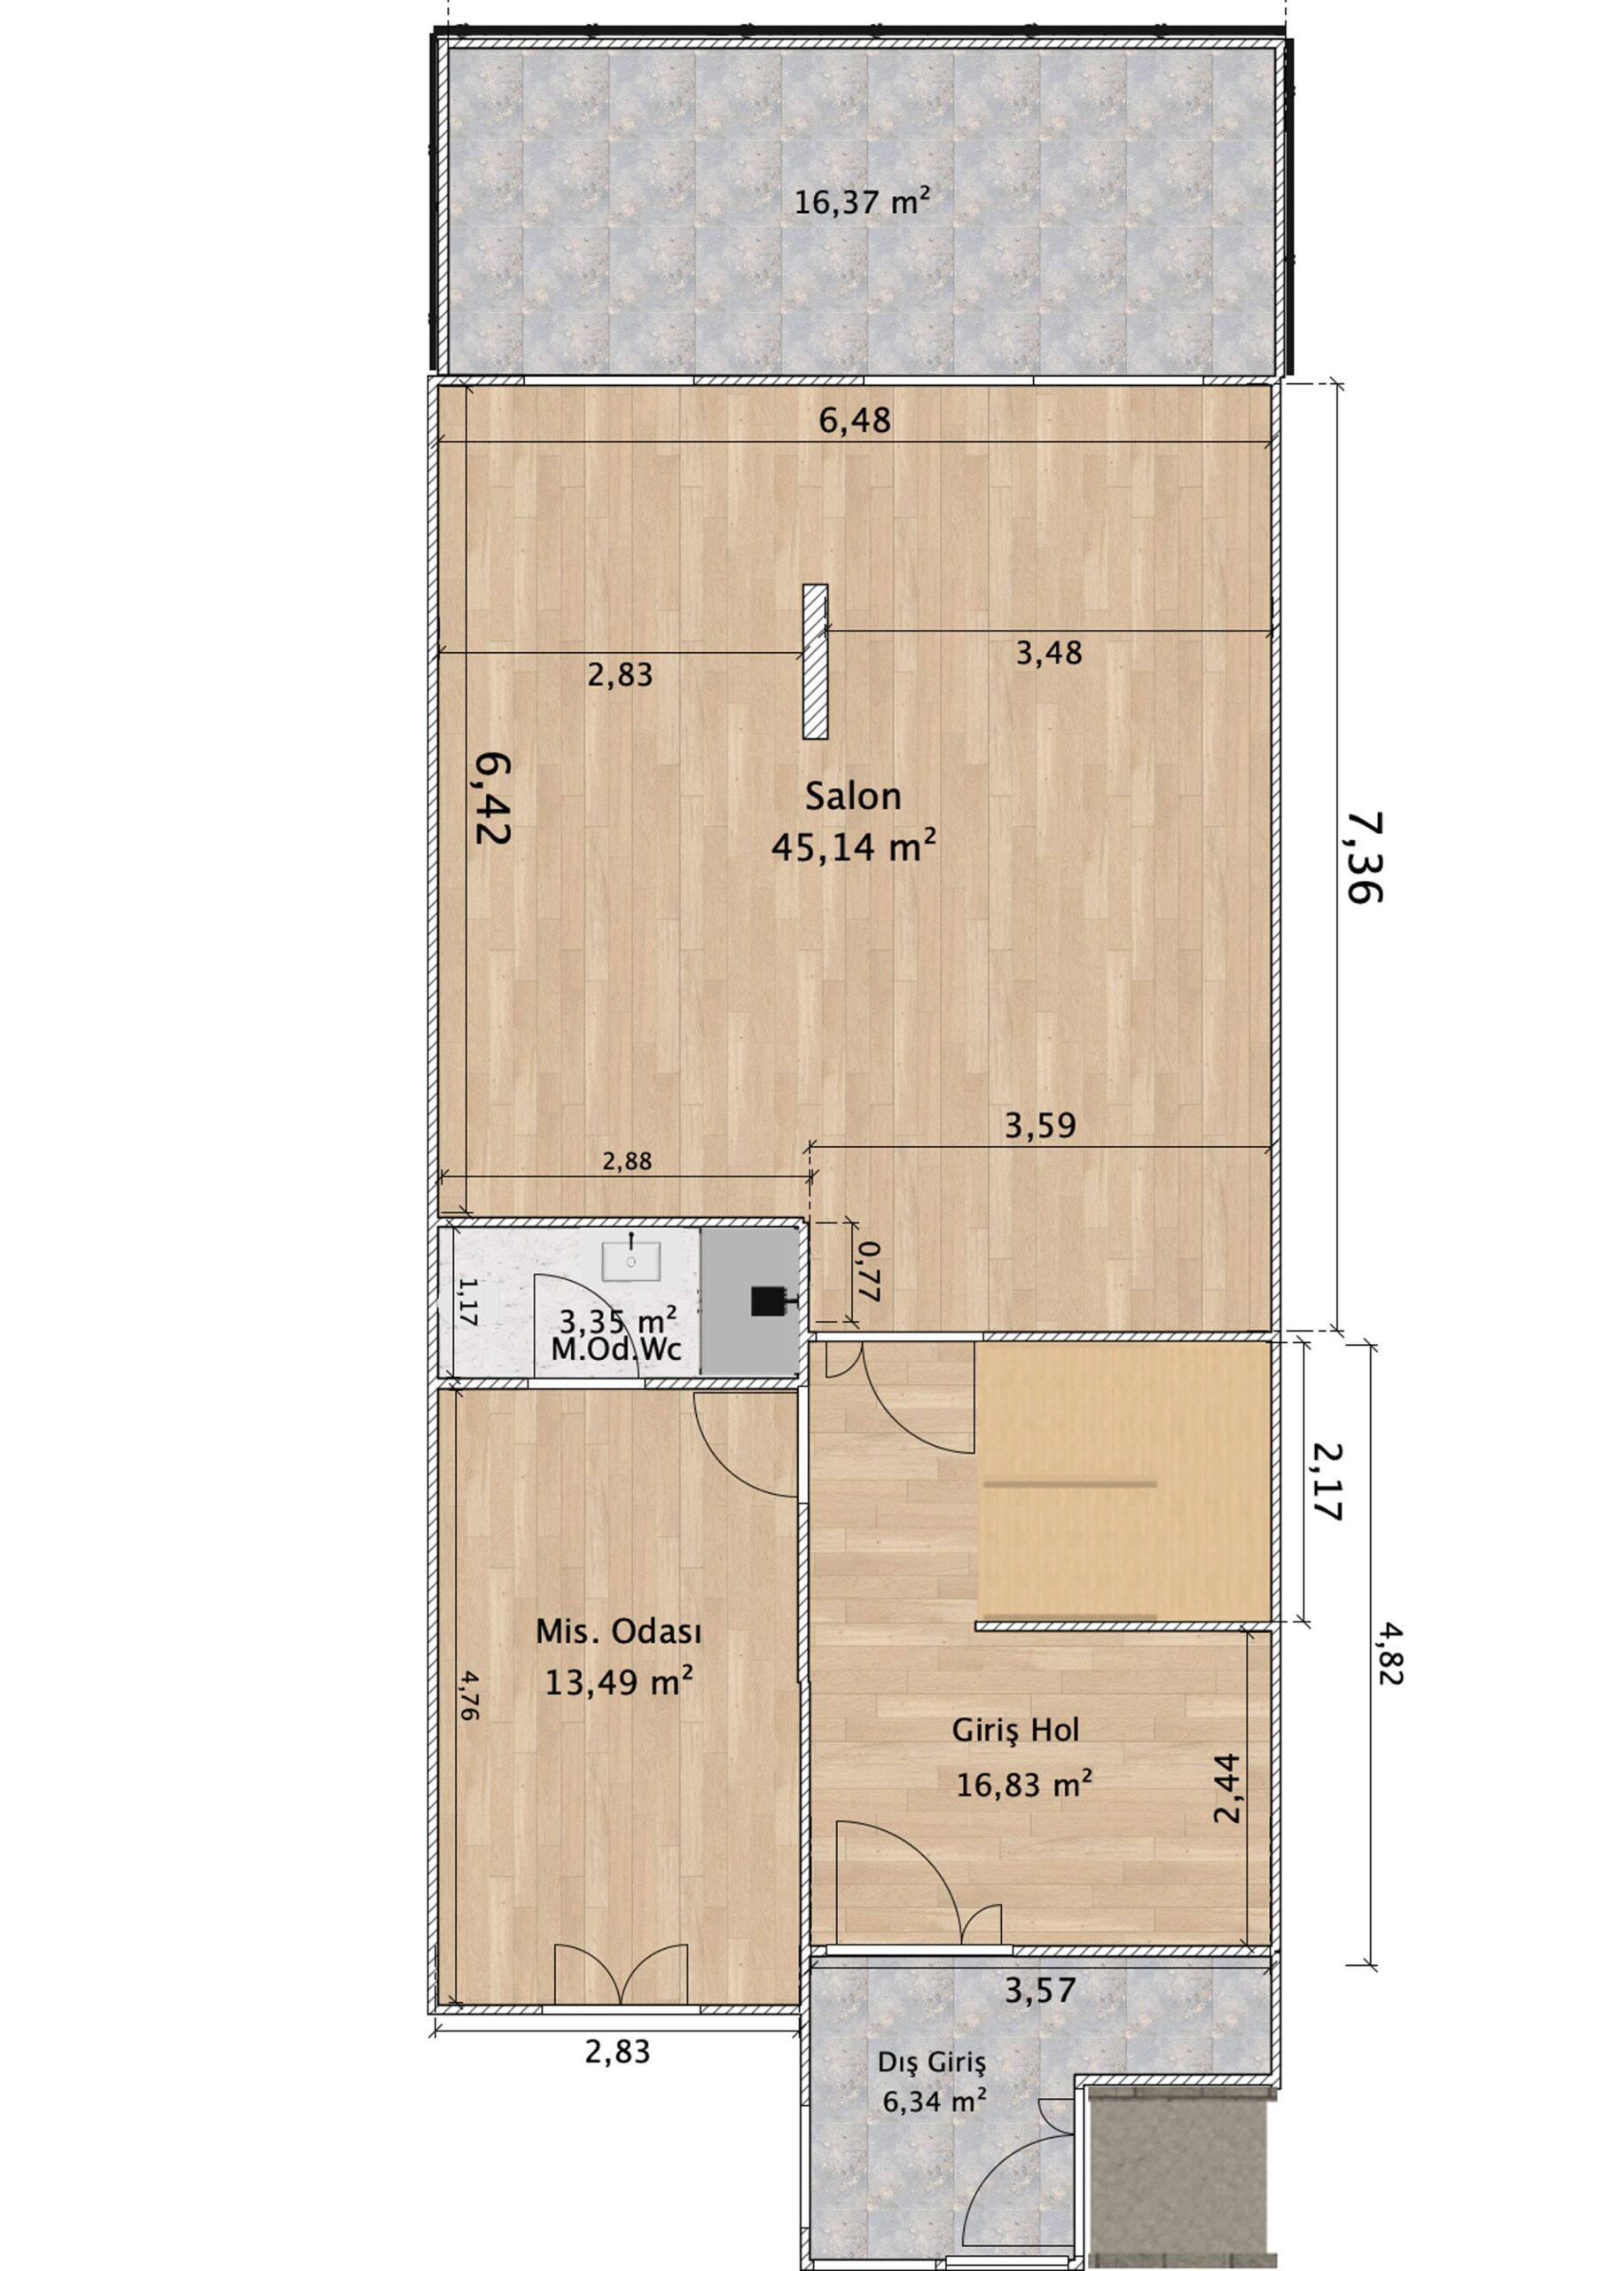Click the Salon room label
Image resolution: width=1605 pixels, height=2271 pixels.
point(852,797)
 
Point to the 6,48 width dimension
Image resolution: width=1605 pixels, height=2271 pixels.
point(855,420)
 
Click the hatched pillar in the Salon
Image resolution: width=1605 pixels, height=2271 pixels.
point(815,661)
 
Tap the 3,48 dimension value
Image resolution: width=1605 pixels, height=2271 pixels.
point(1049,653)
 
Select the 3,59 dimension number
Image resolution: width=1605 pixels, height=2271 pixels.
point(1040,1125)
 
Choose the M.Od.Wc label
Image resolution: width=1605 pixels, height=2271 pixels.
point(616,1350)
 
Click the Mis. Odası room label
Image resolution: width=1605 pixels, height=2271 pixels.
point(619,1631)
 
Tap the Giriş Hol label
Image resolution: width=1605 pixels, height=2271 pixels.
point(1015,1730)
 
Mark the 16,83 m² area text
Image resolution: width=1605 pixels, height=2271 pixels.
point(1024,1784)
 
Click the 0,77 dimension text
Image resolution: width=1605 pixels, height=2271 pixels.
point(867,1272)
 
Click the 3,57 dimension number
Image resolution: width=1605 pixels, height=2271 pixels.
point(1040,1990)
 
